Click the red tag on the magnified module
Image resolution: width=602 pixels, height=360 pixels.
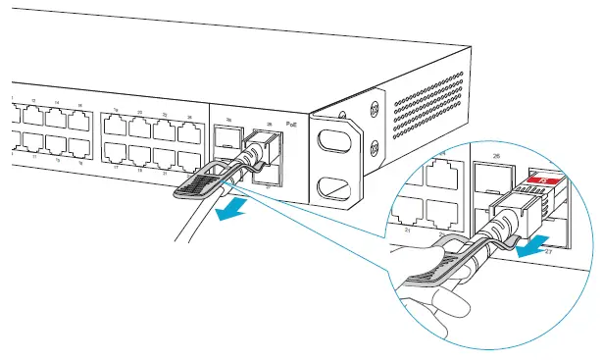546,180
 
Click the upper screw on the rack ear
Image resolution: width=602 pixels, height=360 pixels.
374,102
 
